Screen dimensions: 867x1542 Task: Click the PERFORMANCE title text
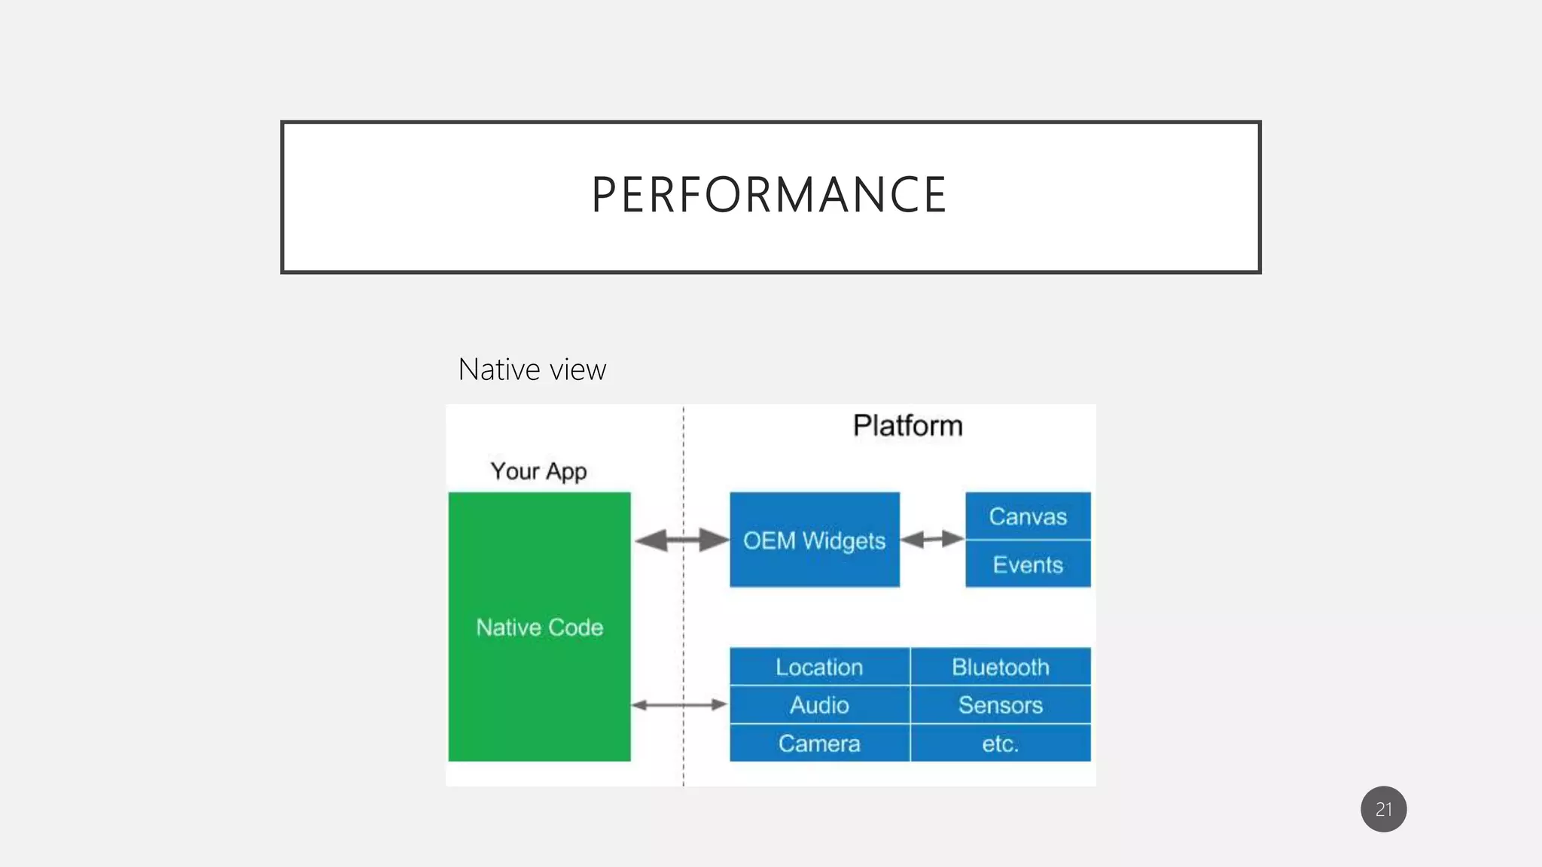pos(769,195)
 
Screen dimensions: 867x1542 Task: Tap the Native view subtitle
pos(532,370)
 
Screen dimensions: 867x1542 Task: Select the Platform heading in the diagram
pos(907,426)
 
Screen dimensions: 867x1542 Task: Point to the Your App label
pos(538,471)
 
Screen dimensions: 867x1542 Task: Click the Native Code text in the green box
pos(539,627)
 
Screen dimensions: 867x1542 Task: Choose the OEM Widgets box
pos(814,540)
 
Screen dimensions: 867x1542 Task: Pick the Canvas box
pos(1028,516)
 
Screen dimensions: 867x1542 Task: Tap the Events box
pos(1028,564)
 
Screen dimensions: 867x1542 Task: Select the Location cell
pos(819,667)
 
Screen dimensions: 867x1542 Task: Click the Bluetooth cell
pos(1000,667)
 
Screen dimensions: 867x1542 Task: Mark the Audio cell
pos(819,705)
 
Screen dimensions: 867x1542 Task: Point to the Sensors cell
pos(1000,705)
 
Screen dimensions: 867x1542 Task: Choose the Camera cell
pos(819,744)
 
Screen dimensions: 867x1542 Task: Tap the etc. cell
pos(1000,744)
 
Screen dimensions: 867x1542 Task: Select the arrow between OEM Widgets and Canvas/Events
pos(932,539)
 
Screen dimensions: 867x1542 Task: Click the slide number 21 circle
pos(1383,809)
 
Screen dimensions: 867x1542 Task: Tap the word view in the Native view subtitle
pos(577,370)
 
